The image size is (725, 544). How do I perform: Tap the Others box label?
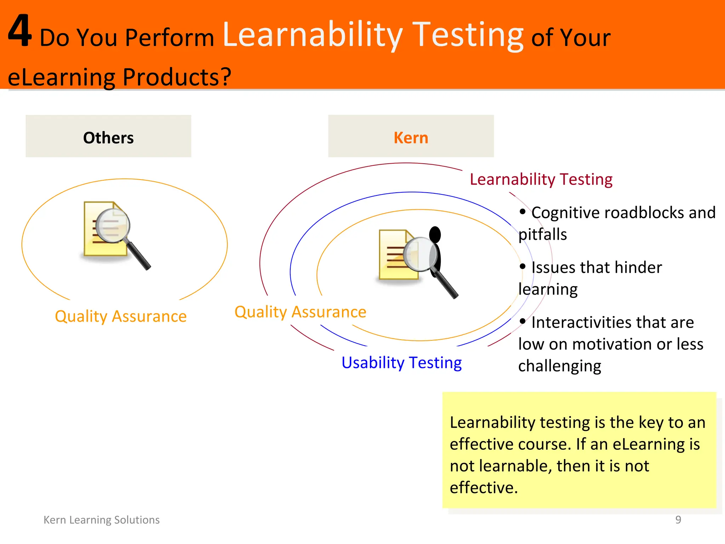pyautogui.click(x=108, y=138)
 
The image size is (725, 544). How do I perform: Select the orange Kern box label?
pyautogui.click(x=411, y=138)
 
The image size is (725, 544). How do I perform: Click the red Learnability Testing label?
pyautogui.click(x=541, y=180)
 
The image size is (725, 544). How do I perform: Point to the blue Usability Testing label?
pyautogui.click(x=401, y=363)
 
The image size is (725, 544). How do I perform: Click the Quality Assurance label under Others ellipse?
pyautogui.click(x=121, y=316)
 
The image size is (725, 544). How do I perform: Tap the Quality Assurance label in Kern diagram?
pyautogui.click(x=300, y=312)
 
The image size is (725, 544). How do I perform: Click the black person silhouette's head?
pyautogui.click(x=435, y=235)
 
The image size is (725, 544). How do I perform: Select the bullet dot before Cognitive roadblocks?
pyautogui.click(x=523, y=212)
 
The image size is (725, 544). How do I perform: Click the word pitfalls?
pyautogui.click(x=542, y=234)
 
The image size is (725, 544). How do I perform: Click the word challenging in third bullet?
pyautogui.click(x=559, y=366)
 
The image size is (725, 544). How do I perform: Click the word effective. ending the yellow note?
pyautogui.click(x=484, y=488)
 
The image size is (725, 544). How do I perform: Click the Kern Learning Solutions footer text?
pyautogui.click(x=102, y=520)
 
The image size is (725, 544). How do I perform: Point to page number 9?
pyautogui.click(x=678, y=520)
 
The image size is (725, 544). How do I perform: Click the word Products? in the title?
pyautogui.click(x=177, y=77)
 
